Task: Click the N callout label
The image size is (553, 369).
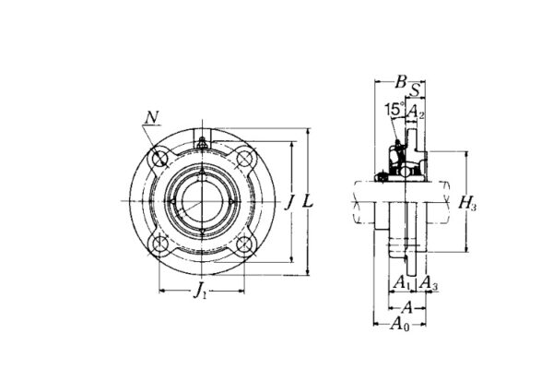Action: (151, 116)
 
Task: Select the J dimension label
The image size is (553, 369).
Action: (289, 201)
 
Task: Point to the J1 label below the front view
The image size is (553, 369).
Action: (200, 293)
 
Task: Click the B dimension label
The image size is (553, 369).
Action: (400, 82)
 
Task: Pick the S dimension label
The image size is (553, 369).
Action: (417, 89)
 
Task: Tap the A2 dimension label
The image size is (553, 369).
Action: (417, 112)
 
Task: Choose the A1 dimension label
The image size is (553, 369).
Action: (402, 282)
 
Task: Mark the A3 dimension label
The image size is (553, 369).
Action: (429, 282)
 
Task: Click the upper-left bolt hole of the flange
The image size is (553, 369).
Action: (160, 160)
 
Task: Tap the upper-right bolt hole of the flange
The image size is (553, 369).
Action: (243, 160)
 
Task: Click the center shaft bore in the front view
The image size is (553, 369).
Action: (202, 201)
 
